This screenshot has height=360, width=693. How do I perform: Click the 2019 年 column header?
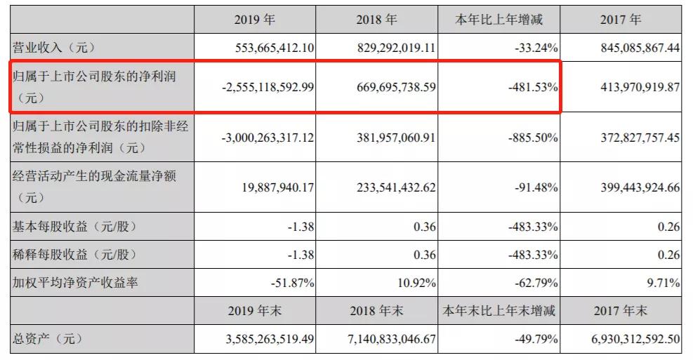[254, 20]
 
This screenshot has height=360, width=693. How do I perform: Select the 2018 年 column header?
[376, 20]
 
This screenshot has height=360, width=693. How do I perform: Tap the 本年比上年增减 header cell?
[499, 20]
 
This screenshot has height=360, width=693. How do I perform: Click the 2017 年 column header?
[621, 20]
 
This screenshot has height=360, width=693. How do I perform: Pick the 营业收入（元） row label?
[53, 48]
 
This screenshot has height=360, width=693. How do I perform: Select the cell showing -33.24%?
[534, 48]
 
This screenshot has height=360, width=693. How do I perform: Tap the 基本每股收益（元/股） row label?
[74, 227]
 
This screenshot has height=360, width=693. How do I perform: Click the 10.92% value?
[416, 283]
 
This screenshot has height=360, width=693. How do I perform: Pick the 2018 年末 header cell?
[376, 310]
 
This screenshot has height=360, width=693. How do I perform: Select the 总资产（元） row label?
[48, 339]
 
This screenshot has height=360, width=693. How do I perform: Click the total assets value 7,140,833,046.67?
[383, 339]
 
